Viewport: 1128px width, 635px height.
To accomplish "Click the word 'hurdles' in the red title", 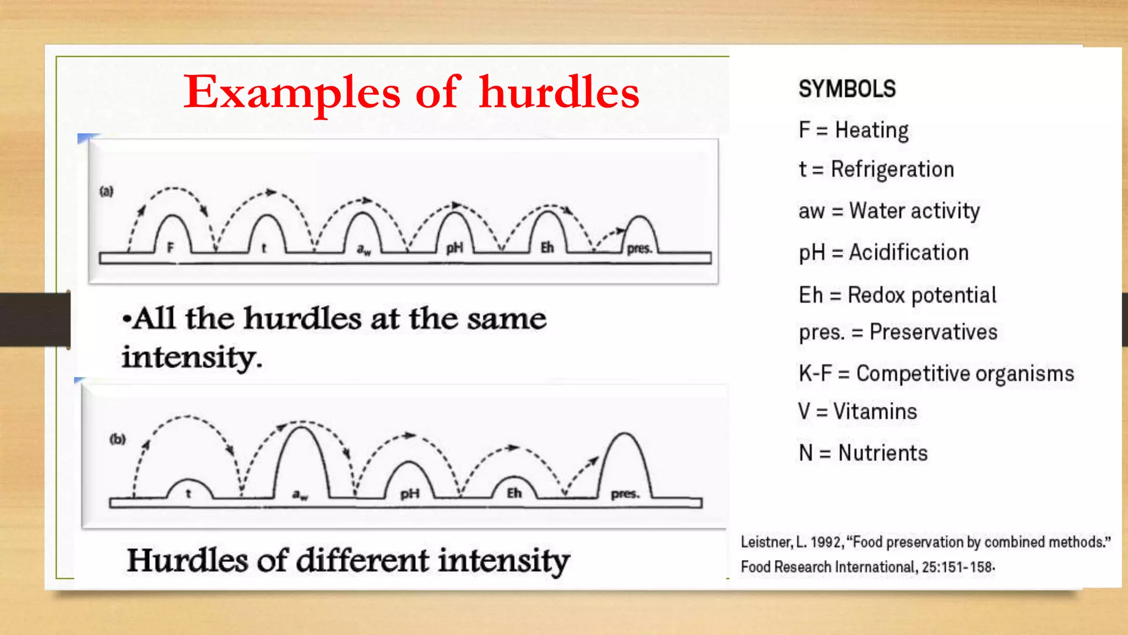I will pyautogui.click(x=558, y=93).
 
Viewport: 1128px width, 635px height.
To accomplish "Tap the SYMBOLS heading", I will pyautogui.click(x=847, y=89).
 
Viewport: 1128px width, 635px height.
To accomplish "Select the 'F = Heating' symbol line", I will pyautogui.click(x=853, y=131).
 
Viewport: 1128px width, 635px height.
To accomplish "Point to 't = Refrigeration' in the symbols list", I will pyautogui.click(x=876, y=169).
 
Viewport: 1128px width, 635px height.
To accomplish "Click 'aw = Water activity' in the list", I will pyautogui.click(x=889, y=211).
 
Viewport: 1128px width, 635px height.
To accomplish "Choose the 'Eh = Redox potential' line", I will pyautogui.click(x=897, y=295).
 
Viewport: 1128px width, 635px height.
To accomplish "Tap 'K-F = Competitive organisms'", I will pyautogui.click(x=936, y=374).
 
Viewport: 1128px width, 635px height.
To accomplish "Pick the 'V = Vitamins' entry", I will pyautogui.click(x=858, y=412).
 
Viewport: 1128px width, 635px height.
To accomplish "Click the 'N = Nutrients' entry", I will pyautogui.click(x=863, y=453).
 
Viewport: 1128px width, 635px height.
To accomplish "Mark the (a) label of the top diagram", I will pyautogui.click(x=106, y=191).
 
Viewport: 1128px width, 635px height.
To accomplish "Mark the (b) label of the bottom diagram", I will pyautogui.click(x=117, y=439).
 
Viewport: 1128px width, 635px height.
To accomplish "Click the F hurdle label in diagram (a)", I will pyautogui.click(x=170, y=247).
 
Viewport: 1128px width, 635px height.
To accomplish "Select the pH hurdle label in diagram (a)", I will pyautogui.click(x=454, y=249).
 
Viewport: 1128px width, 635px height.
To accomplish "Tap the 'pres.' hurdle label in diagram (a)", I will pyautogui.click(x=639, y=249).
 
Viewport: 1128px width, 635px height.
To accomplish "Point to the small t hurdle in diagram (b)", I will pyautogui.click(x=188, y=493).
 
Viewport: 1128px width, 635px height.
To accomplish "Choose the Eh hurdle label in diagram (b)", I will pyautogui.click(x=514, y=493).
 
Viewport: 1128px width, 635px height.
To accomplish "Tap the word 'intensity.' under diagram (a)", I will pyautogui.click(x=192, y=358).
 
